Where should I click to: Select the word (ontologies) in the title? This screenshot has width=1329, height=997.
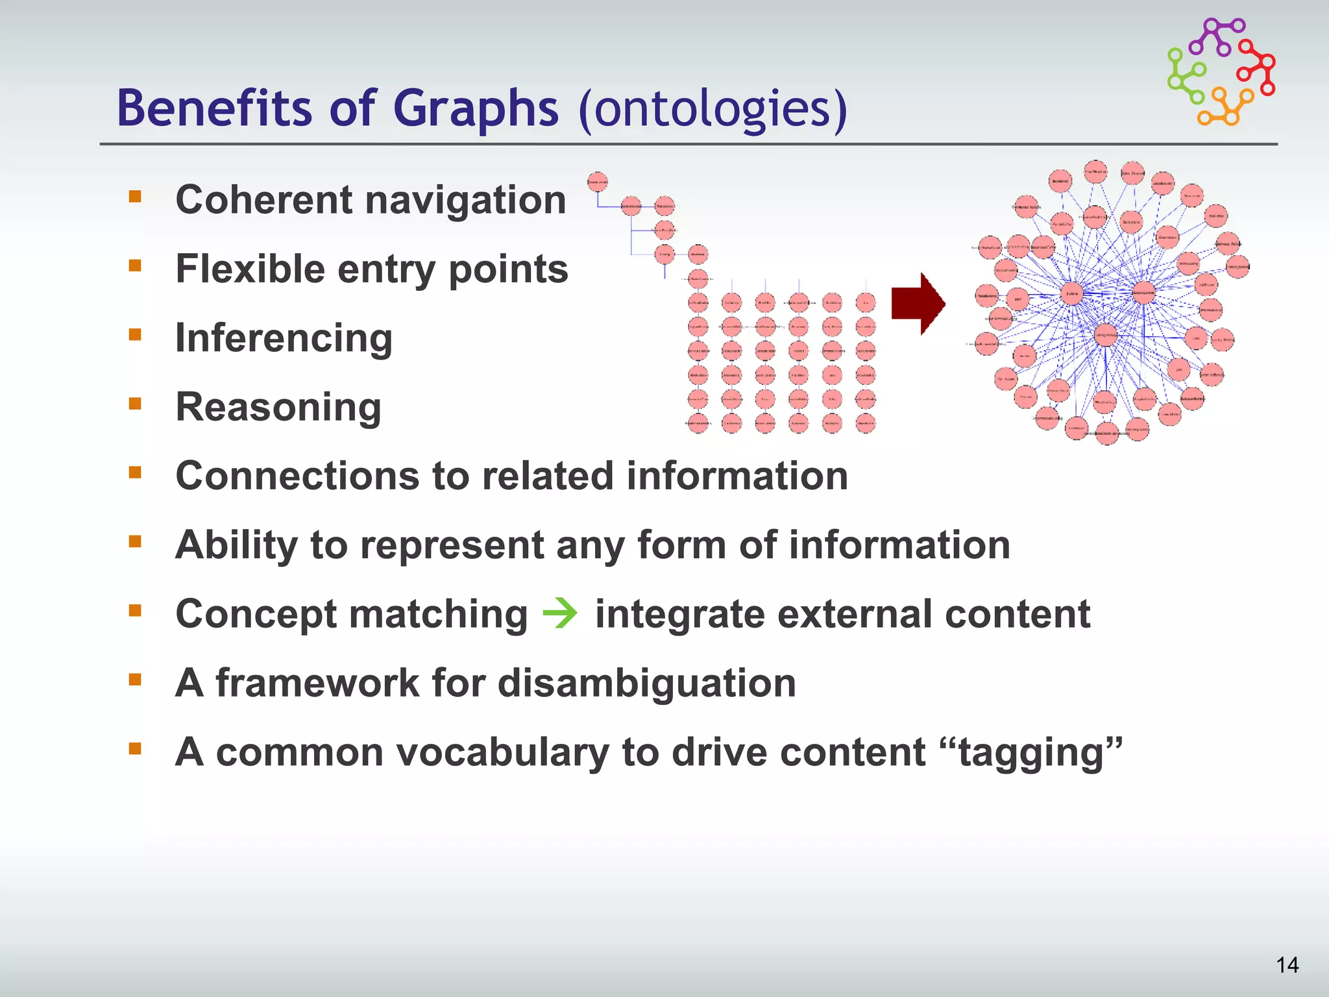point(713,108)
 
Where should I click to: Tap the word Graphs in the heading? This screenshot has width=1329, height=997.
point(475,108)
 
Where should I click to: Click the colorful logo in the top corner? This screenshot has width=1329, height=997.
point(1221,71)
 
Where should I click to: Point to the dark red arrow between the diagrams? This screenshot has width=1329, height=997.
point(918,303)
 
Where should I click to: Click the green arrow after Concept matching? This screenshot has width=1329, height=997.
point(560,613)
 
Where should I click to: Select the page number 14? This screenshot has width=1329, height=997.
point(1287,965)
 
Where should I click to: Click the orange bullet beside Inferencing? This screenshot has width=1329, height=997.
point(135,335)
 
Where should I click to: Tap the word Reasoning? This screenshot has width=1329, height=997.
point(278,407)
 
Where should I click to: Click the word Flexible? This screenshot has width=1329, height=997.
point(250,269)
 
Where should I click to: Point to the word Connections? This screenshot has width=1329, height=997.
point(298,476)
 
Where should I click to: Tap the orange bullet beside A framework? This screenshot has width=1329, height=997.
point(135,680)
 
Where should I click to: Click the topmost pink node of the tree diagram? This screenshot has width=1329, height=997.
point(597,182)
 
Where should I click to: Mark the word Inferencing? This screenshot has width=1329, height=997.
point(284,338)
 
